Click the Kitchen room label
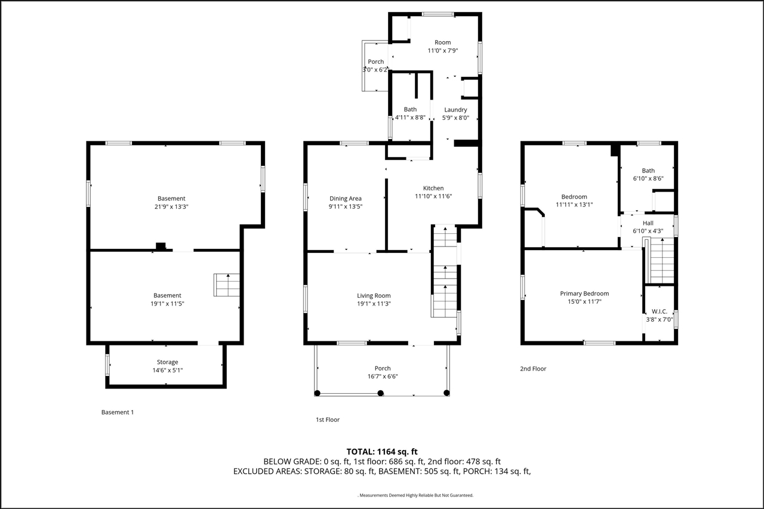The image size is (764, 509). pyautogui.click(x=433, y=188)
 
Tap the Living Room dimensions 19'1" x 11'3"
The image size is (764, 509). pyautogui.click(x=374, y=304)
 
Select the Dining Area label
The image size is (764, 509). pyautogui.click(x=346, y=199)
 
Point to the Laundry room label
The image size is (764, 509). pyautogui.click(x=455, y=110)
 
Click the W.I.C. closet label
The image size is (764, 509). pyautogui.click(x=660, y=311)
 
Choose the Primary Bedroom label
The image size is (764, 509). pyautogui.click(x=584, y=294)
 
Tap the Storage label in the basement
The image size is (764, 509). pyautogui.click(x=167, y=362)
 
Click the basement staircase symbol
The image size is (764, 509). pyautogui.click(x=227, y=285)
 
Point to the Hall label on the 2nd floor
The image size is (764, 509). pyautogui.click(x=648, y=223)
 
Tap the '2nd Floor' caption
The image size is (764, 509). pyautogui.click(x=533, y=369)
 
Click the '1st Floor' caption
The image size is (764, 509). pyautogui.click(x=328, y=420)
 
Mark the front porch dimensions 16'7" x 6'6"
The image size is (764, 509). pyautogui.click(x=383, y=377)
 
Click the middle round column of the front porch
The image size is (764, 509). pyautogui.click(x=381, y=393)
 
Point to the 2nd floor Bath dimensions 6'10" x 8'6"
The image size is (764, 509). pyautogui.click(x=648, y=178)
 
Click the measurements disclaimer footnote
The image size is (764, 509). pyautogui.click(x=415, y=495)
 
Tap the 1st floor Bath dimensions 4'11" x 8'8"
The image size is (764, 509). pyautogui.click(x=410, y=118)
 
